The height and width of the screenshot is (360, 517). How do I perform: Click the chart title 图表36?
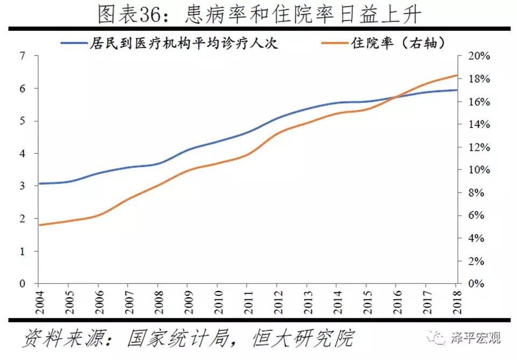click(258, 15)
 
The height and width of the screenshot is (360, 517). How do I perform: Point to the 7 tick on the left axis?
click(22, 56)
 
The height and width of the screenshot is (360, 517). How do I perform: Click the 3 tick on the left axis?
click(22, 186)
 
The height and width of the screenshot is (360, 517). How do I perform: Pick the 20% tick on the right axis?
click(478, 57)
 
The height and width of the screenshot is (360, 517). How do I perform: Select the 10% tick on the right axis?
click(478, 170)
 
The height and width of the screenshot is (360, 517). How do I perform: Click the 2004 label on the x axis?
click(38, 301)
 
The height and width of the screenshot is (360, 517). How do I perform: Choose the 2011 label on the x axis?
click(247, 301)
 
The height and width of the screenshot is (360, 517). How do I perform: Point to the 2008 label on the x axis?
click(158, 301)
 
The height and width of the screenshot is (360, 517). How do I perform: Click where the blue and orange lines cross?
click(397, 97)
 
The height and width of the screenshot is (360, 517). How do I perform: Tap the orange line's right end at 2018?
click(457, 75)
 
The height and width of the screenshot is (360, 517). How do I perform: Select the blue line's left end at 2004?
click(38, 183)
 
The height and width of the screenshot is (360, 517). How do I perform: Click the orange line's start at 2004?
click(38, 225)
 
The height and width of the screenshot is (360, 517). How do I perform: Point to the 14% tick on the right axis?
click(478, 124)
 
